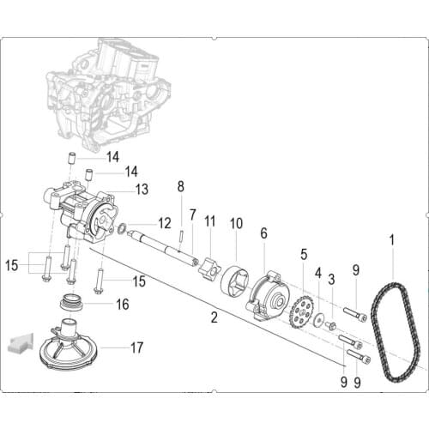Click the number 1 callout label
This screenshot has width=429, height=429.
(x=393, y=240)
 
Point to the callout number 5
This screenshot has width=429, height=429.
(x=303, y=254)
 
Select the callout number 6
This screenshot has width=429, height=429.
(x=263, y=233)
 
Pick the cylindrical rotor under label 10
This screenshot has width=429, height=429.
(x=235, y=282)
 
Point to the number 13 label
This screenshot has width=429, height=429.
(x=142, y=188)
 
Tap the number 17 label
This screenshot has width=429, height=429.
(x=136, y=347)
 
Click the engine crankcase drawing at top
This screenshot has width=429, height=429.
(x=107, y=90)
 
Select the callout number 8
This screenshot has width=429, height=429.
(x=180, y=186)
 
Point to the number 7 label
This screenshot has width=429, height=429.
(x=193, y=214)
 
